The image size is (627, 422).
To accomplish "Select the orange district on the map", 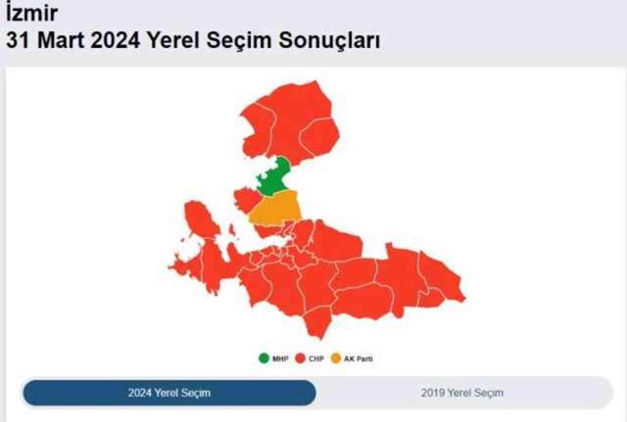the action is pyautogui.click(x=274, y=208).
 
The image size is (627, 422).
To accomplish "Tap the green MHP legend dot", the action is pyautogui.click(x=264, y=358).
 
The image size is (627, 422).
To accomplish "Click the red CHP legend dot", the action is pyautogui.click(x=301, y=358).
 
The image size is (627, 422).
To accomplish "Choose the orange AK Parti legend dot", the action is pyautogui.click(x=338, y=358).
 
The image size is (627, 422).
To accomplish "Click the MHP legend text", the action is pyautogui.click(x=279, y=359).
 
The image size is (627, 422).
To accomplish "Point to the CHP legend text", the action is pyautogui.click(x=315, y=359).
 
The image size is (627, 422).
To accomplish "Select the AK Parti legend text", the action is pyautogui.click(x=359, y=359).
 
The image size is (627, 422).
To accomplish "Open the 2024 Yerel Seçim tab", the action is pyautogui.click(x=169, y=393).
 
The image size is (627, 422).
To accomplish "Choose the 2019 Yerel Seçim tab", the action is pyautogui.click(x=461, y=393).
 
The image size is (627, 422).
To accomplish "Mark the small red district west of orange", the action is pyautogui.click(x=245, y=197).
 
